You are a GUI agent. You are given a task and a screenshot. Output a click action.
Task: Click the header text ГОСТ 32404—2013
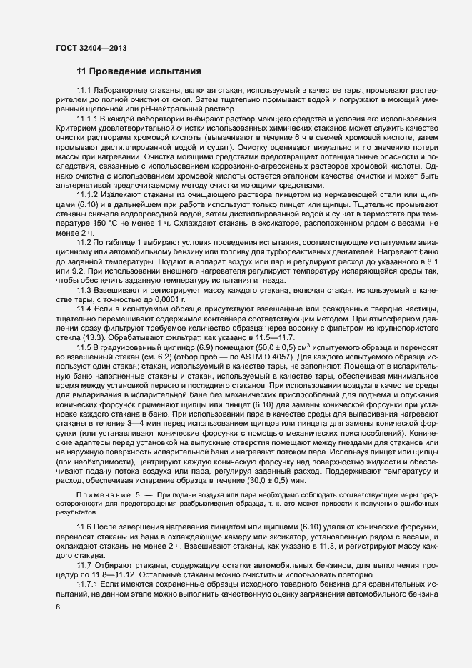pos(86,47)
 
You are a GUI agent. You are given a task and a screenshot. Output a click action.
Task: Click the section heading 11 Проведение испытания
pos(139,71)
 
